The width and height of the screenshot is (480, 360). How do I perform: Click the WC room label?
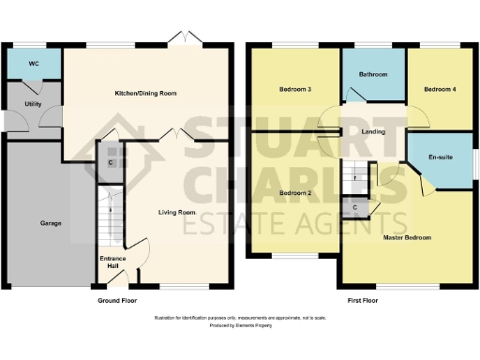[32, 64]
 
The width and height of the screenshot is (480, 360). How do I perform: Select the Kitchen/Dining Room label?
[145, 94]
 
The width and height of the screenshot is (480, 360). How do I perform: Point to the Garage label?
[51, 224]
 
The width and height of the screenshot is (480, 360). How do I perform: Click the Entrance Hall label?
[113, 262]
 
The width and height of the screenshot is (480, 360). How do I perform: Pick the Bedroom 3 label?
[294, 90]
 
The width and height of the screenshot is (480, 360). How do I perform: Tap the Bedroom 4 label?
[439, 90]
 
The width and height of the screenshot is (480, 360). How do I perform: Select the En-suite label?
[441, 157]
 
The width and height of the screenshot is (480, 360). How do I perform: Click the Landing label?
[373, 131]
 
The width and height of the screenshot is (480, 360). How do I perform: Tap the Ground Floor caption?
[117, 301]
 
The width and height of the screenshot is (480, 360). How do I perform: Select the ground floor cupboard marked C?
[111, 162]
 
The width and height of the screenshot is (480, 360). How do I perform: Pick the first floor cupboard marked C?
[355, 207]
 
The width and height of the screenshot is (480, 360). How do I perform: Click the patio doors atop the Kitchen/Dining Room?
[179, 38]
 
